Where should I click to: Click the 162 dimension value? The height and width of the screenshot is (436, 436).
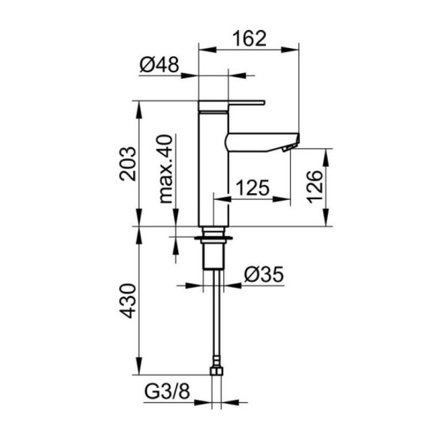pos(250,38)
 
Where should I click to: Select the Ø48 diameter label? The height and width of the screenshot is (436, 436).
pos(159,65)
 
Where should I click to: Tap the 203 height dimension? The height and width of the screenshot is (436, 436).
pos(128,164)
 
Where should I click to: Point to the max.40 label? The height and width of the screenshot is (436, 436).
pos(165,169)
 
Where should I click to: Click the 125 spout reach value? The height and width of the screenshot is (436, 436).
pos(253,187)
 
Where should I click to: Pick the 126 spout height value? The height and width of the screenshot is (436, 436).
pos(314,186)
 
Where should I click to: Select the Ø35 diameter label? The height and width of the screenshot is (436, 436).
pos(264,274)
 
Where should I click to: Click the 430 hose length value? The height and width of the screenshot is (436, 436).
pos(128,301)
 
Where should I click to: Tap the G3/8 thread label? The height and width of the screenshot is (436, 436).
pos(167,391)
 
